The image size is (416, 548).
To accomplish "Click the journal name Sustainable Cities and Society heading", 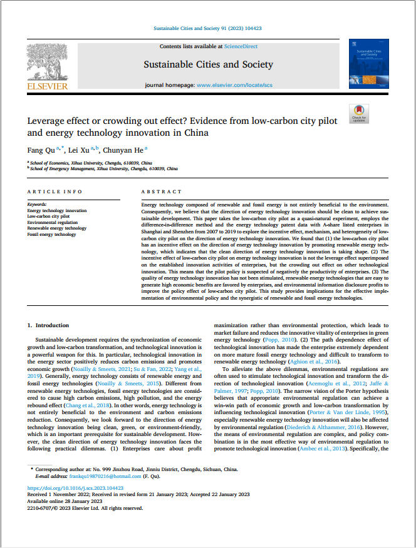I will pos(208,64).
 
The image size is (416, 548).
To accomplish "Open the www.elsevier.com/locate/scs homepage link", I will pos(234,84).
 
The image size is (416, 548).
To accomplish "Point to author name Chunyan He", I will pos(126,150).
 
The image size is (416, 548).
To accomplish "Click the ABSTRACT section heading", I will pos(162,191).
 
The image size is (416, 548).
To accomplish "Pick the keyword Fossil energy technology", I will pos(52,234).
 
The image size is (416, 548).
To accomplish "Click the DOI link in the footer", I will pos(75,488).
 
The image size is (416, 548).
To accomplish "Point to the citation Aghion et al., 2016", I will pos(323,361).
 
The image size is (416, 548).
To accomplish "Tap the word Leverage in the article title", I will pos(48,121).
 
